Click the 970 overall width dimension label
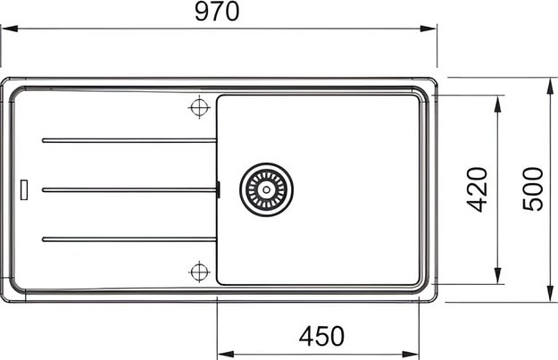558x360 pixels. click(x=217, y=12)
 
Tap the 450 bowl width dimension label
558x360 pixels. click(x=321, y=336)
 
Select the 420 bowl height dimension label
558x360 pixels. click(x=478, y=189)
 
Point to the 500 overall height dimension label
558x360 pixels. click(x=533, y=189)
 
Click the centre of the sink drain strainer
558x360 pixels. click(x=266, y=189)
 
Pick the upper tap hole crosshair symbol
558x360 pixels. click(x=199, y=107)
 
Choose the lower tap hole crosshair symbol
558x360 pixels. click(x=199, y=272)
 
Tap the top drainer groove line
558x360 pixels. click(x=129, y=140)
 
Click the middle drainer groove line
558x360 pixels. click(x=129, y=190)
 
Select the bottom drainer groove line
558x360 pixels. click(x=129, y=239)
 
